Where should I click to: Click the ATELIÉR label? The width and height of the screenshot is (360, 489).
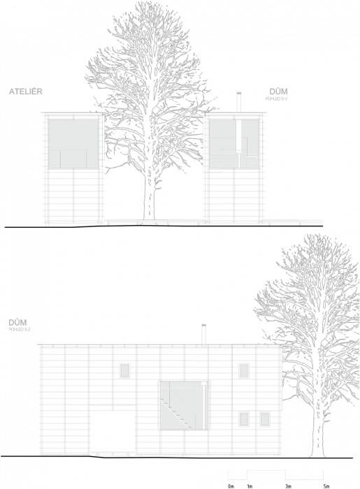coord(26,92)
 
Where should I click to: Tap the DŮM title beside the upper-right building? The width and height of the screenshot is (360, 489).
coord(278,92)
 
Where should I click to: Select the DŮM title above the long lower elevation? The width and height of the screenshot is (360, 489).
coord(17,322)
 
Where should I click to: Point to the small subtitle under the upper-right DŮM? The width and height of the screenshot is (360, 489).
coord(277,99)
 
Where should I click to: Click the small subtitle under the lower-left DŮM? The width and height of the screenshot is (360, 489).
coord(20,329)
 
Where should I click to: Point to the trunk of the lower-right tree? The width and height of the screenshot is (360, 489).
coord(320,419)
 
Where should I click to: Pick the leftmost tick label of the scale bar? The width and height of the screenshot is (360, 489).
coord(231,484)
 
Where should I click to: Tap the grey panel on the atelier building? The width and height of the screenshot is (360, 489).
coord(73,143)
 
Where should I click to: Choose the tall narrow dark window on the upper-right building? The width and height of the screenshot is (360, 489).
coord(238,136)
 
